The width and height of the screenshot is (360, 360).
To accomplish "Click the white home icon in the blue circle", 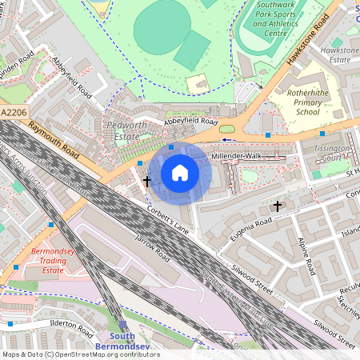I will tap(180, 173).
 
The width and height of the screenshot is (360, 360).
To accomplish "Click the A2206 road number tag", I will tap(14, 114).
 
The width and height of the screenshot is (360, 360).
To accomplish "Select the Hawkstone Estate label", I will tap(335, 54).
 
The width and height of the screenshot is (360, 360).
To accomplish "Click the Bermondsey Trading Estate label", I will tap(52, 262).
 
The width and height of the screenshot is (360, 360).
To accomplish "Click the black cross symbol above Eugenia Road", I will tap(278, 206).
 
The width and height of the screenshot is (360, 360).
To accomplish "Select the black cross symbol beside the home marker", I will tap(146, 182).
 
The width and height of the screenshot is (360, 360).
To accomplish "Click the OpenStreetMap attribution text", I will tap(80, 354).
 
